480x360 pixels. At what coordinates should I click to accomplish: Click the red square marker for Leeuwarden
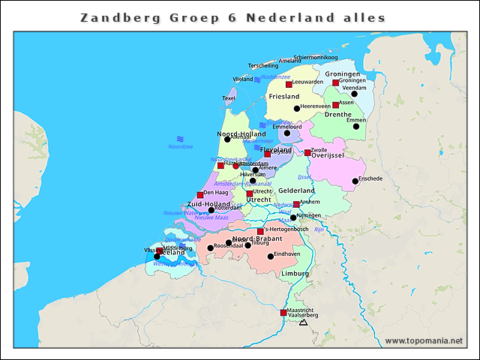[x=289, y=85]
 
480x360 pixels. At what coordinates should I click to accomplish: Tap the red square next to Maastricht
[x=283, y=313]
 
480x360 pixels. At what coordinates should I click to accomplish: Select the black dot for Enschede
[x=355, y=181]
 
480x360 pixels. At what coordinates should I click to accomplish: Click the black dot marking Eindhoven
[x=271, y=256]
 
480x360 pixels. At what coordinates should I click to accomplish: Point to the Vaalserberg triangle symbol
[x=303, y=322]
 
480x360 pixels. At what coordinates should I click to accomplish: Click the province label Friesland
[x=283, y=97]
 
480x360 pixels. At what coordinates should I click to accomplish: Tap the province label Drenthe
[x=337, y=114]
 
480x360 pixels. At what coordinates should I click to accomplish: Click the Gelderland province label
[x=297, y=191]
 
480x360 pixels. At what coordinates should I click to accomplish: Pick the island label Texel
[x=229, y=98]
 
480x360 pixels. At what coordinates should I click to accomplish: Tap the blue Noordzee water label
[x=180, y=147]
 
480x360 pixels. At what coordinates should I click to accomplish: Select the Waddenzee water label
[x=275, y=76]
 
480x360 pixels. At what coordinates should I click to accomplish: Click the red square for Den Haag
[x=200, y=195]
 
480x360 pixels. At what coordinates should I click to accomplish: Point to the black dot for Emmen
[x=356, y=126]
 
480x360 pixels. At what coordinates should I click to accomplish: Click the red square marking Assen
[x=335, y=105]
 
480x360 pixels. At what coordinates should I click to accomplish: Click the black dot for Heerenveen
[x=297, y=109]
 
